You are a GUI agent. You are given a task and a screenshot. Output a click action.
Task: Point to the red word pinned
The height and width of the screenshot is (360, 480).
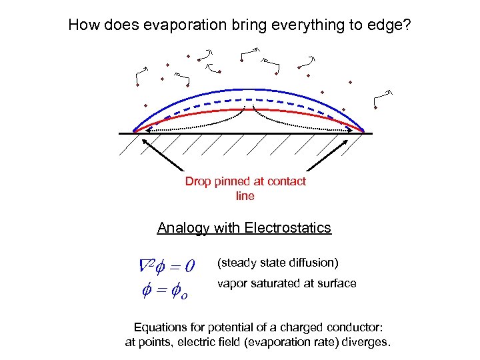[x=233, y=181]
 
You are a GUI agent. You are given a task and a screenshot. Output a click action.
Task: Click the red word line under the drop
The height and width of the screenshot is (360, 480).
[x=245, y=196]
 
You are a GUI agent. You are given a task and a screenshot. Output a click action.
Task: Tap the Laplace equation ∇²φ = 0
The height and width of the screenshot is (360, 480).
[x=166, y=266]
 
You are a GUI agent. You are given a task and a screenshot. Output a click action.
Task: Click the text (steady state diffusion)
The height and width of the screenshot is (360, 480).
[x=278, y=261]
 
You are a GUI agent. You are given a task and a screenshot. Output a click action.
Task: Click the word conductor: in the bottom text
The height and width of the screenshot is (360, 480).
[x=355, y=328]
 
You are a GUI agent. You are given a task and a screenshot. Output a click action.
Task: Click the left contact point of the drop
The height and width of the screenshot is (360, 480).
[x=134, y=131]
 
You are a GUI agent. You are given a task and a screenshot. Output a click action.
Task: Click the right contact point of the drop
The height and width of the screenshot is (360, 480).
[x=364, y=131]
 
